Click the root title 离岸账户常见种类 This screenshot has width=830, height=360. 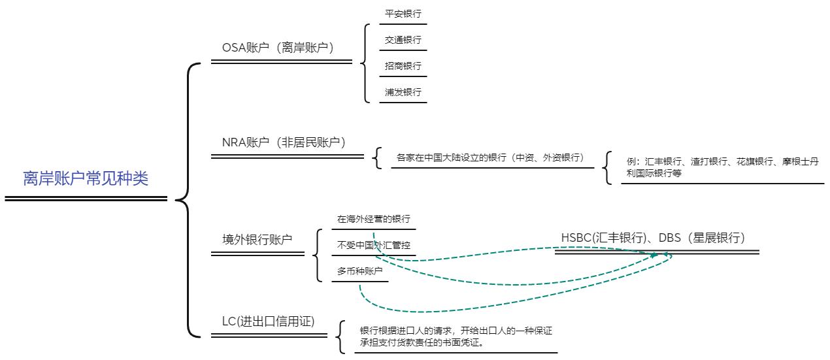(86, 178)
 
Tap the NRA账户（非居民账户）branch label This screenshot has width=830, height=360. (284, 142)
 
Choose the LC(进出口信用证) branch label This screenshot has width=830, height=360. (269, 321)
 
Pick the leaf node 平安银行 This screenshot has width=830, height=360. (403, 14)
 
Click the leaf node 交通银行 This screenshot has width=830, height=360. (403, 40)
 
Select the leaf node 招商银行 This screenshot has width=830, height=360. (403, 66)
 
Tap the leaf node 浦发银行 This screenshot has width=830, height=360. (403, 92)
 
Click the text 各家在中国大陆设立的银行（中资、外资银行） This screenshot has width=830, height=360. (490, 157)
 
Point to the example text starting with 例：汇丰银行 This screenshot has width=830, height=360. (722, 167)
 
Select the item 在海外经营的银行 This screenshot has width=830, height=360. (373, 219)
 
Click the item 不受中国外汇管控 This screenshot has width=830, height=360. (373, 245)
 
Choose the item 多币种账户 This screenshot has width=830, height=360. (359, 271)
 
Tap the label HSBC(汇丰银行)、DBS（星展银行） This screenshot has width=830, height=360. (653, 238)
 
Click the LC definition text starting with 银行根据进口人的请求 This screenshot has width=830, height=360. (456, 336)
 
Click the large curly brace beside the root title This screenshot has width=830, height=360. (185, 200)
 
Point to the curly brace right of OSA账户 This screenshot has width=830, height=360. (364, 63)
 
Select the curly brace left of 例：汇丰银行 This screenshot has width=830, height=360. (607, 168)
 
